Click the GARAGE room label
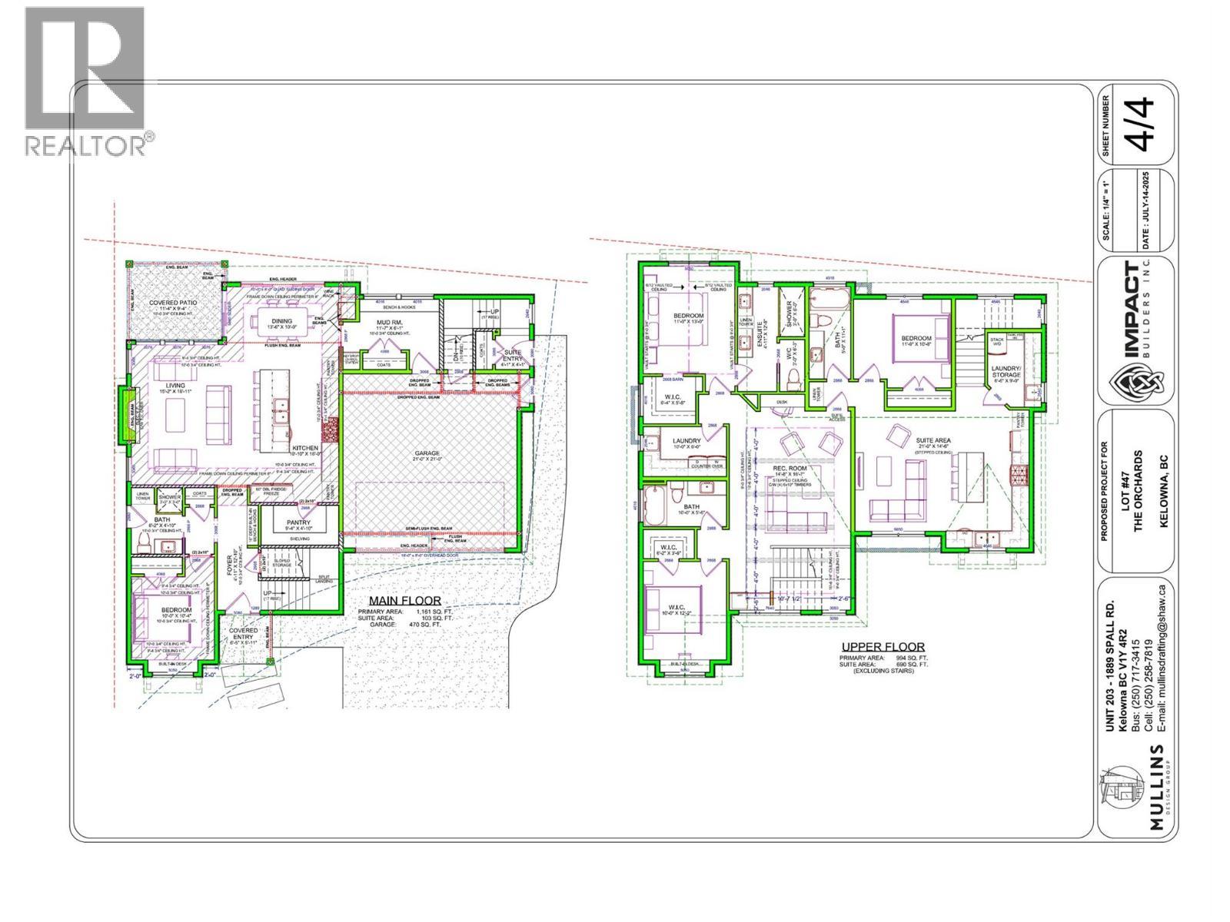pyautogui.click(x=427, y=453)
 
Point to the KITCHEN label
pyautogui.click(x=304, y=448)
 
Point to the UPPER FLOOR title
pyautogui.click(x=883, y=647)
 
